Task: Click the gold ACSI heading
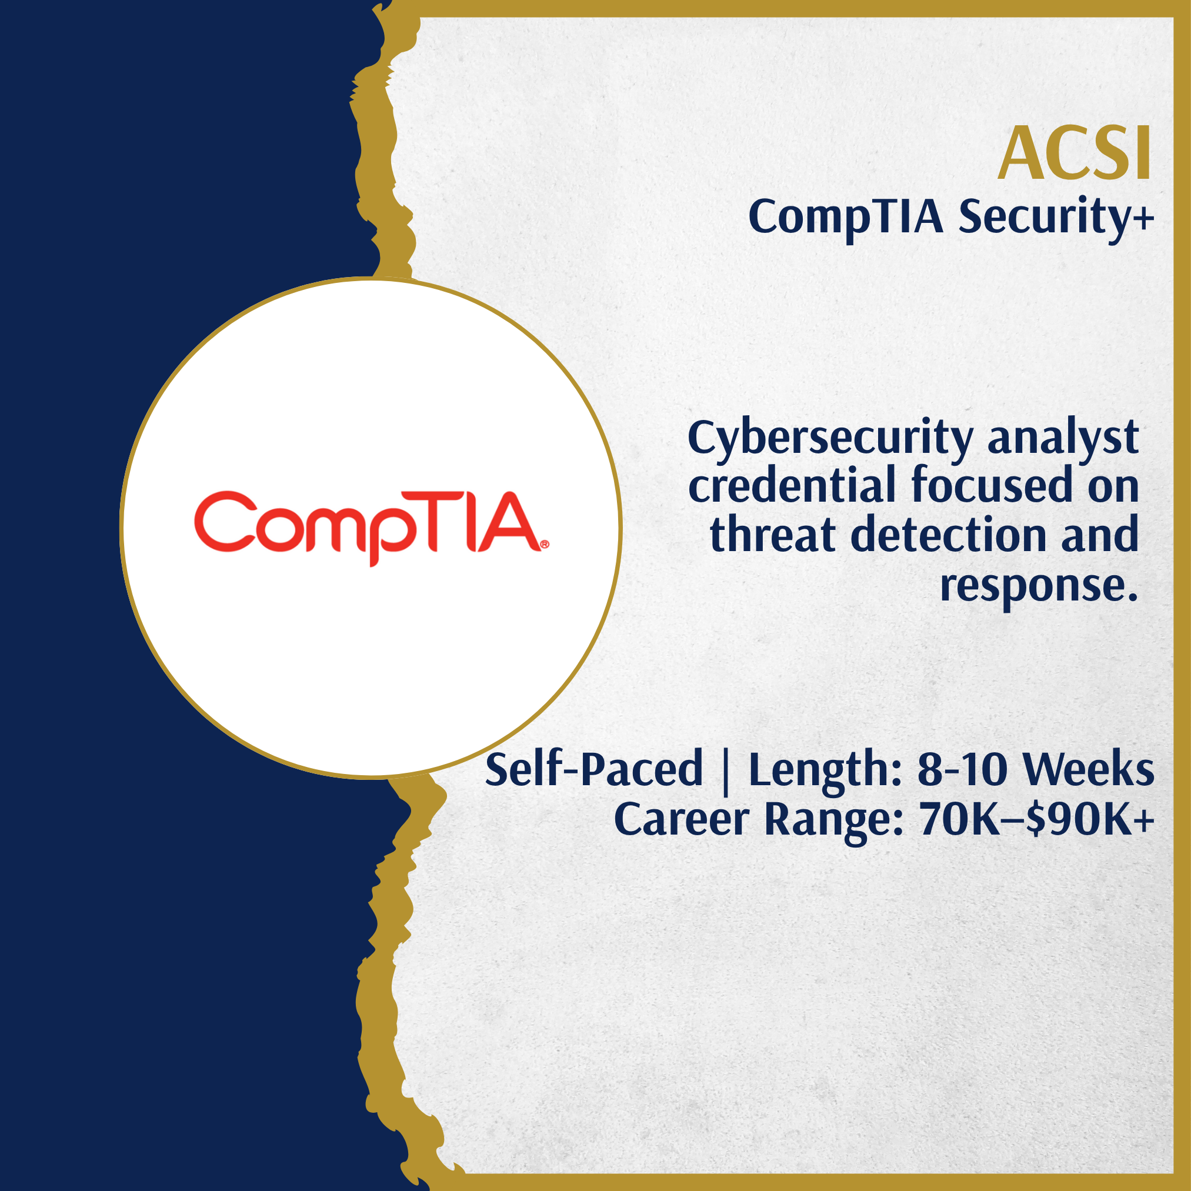click(1075, 153)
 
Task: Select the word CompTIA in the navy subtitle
click(846, 218)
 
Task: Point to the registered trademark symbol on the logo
click(545, 545)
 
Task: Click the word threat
click(772, 535)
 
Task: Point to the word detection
click(949, 535)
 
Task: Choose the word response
click(1039, 585)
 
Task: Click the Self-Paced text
click(593, 769)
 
